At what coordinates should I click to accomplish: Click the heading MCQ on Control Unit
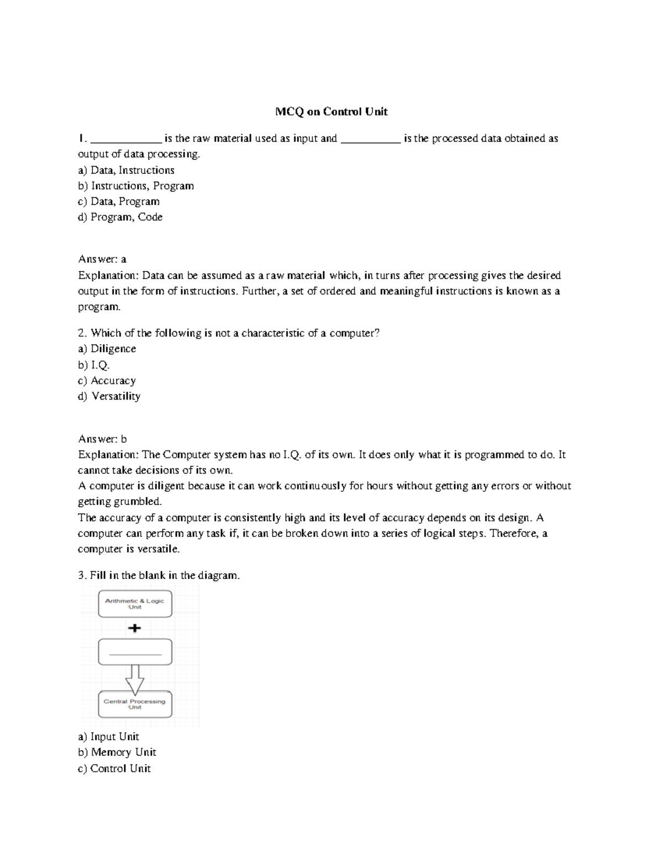(331, 112)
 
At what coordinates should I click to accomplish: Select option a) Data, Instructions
(127, 171)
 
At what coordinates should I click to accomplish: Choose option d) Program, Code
(120, 217)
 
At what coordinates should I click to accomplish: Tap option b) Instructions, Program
(136, 186)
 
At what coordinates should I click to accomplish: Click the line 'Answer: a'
(102, 259)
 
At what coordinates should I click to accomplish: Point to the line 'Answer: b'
(102, 439)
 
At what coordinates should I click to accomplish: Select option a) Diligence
(107, 349)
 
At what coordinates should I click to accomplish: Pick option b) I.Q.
(94, 365)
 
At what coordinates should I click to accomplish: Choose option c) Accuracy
(107, 381)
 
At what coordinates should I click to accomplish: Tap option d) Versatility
(109, 396)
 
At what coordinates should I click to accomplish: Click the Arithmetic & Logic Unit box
(135, 604)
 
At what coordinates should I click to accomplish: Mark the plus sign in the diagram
(134, 628)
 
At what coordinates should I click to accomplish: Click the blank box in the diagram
(135, 652)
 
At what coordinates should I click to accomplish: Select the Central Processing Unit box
(135, 704)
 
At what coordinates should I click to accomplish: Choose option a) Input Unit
(108, 737)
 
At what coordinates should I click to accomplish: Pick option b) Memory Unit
(117, 752)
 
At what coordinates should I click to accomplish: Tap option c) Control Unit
(114, 768)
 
